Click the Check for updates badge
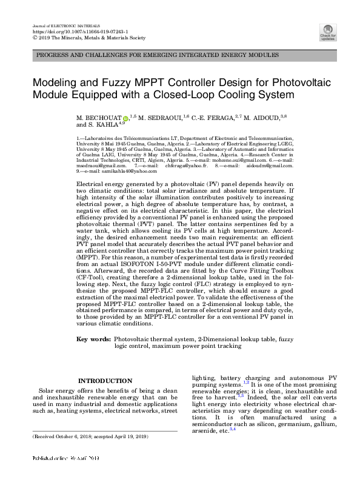[x=328, y=32]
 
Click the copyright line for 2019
[x=88, y=38]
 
